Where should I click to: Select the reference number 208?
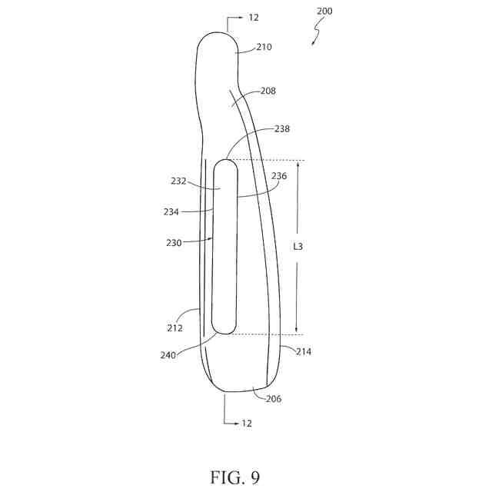point(268,91)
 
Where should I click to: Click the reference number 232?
point(178,181)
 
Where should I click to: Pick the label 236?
point(278,175)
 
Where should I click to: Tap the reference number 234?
point(171,211)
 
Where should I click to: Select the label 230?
point(174,243)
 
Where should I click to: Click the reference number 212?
point(175,327)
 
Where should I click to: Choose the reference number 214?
point(303,351)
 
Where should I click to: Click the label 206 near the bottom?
point(274,399)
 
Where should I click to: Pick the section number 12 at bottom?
point(246,423)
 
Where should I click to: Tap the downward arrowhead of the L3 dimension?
point(298,330)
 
